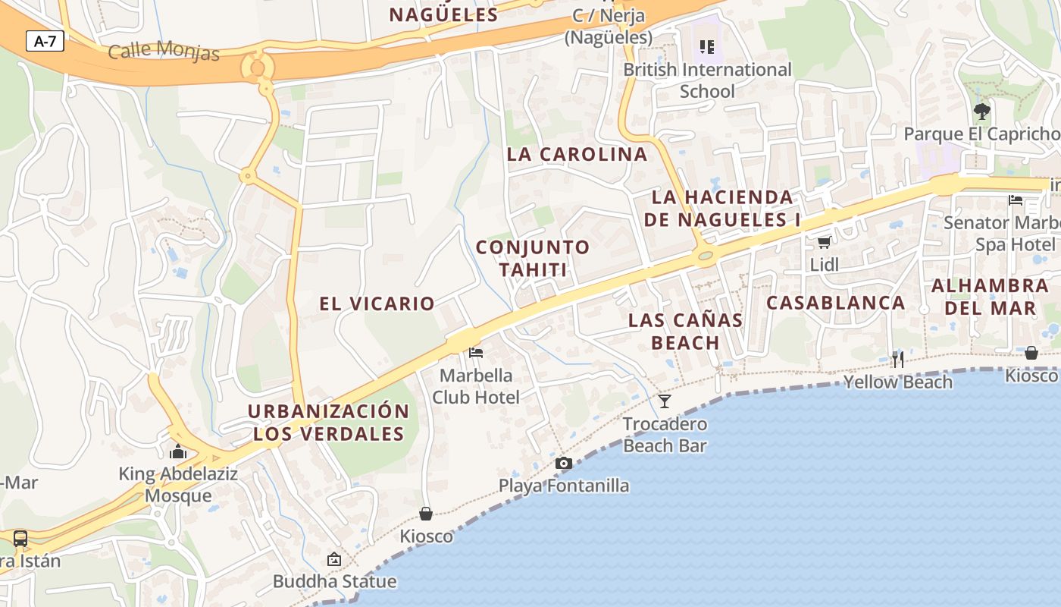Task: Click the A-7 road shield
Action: [x=45, y=41]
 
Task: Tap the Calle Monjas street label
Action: [x=164, y=51]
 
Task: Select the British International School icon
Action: [x=707, y=47]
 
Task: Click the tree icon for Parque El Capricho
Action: [x=982, y=112]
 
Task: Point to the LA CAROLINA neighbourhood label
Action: [x=577, y=154]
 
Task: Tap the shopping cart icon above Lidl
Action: [x=825, y=242]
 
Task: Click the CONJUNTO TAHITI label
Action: [x=533, y=258]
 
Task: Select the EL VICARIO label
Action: [x=377, y=303]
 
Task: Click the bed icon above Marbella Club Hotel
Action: [x=476, y=352]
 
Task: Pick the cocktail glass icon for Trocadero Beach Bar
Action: [x=665, y=401]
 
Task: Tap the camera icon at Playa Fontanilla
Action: [x=563, y=463]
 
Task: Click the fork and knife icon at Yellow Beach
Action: [x=898, y=358]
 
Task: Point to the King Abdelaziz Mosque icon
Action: [x=179, y=451]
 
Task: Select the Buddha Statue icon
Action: [x=334, y=559]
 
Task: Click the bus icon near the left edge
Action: [x=20, y=539]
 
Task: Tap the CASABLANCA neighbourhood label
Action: [x=836, y=303]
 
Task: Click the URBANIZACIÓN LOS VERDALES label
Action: [x=328, y=423]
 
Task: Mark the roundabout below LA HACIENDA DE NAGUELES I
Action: [x=706, y=256]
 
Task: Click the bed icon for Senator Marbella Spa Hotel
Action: [x=1016, y=200]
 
